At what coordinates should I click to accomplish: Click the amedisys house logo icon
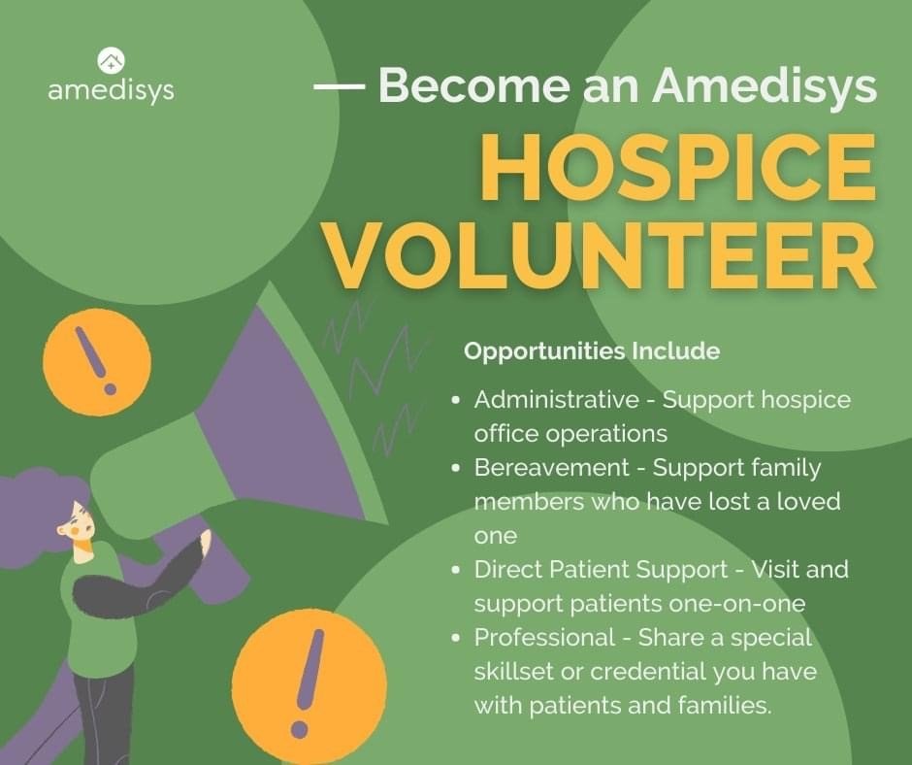click(112, 61)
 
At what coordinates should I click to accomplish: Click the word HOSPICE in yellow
click(677, 167)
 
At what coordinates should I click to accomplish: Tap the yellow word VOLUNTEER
click(601, 255)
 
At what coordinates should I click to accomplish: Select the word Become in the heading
click(473, 85)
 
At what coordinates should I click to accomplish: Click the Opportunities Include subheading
click(592, 351)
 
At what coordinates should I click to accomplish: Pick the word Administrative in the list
click(556, 400)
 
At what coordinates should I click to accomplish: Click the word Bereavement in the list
click(551, 468)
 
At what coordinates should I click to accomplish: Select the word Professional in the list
click(544, 637)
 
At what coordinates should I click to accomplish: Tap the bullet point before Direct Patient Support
click(456, 570)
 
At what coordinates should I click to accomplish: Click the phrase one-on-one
click(737, 604)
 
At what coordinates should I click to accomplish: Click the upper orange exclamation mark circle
click(97, 361)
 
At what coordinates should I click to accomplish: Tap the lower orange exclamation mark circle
click(309, 683)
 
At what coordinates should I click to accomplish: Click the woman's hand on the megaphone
click(206, 544)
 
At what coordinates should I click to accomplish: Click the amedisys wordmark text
click(112, 91)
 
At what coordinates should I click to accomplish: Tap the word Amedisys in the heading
click(765, 86)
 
